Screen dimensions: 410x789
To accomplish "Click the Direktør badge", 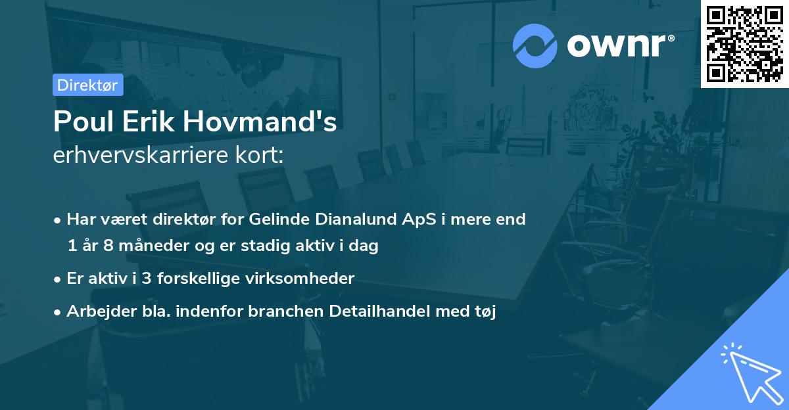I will (87, 85).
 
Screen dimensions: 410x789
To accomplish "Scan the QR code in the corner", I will (744, 43).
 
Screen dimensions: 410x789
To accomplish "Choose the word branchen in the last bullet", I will (279, 311).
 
